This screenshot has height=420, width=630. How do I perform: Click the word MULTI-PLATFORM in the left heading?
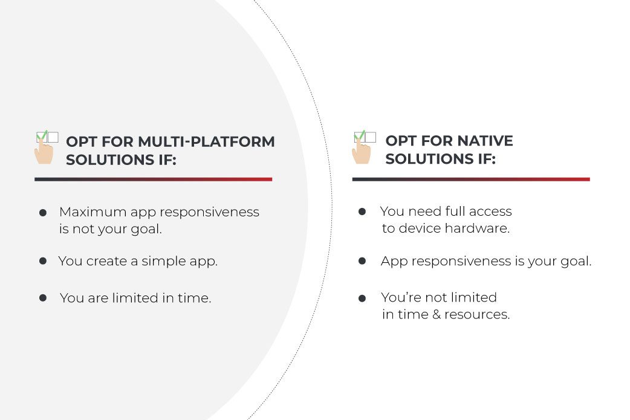click(206, 142)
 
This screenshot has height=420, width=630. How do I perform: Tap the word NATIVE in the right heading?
click(485, 141)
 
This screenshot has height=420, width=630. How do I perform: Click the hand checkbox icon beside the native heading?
click(364, 147)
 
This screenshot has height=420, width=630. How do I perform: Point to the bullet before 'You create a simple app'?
click(43, 261)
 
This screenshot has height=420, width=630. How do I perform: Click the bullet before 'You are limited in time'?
click(43, 298)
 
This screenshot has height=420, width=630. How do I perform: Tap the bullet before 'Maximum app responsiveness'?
click(43, 212)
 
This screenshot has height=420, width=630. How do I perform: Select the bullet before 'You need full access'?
click(362, 211)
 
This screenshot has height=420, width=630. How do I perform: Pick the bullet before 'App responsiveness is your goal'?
click(362, 261)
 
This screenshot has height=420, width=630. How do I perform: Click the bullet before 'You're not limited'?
click(362, 298)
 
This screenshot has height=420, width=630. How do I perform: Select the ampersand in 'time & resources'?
click(437, 314)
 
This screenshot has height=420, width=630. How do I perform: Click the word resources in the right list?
click(477, 314)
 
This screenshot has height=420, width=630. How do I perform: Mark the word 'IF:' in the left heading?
click(167, 160)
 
